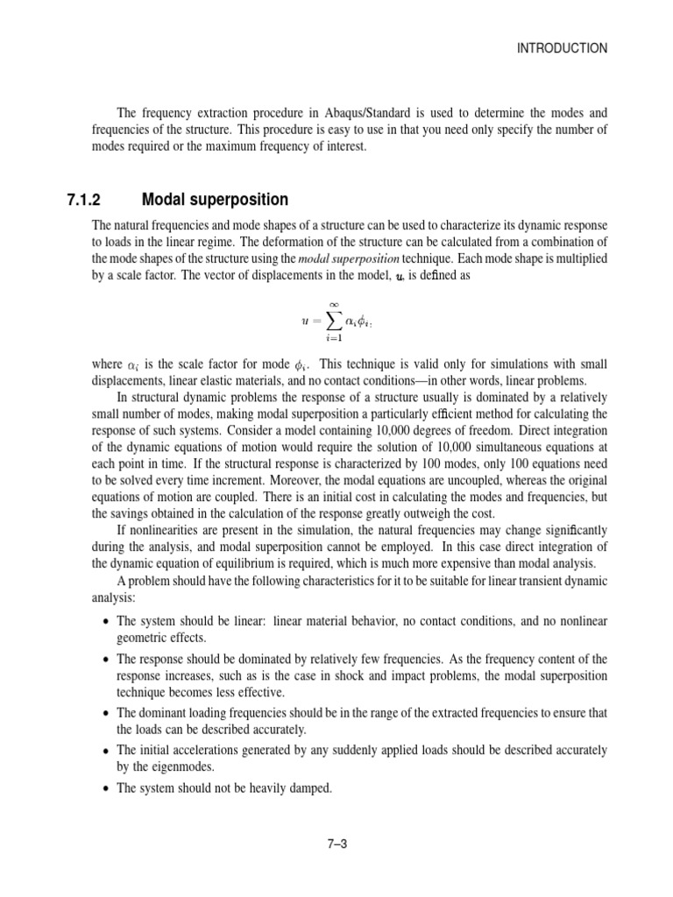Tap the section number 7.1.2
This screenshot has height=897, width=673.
[x=86, y=200]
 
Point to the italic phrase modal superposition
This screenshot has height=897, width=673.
[x=349, y=260]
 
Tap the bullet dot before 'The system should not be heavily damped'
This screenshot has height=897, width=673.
[x=106, y=788]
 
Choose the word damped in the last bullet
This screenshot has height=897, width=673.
[x=311, y=788]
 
